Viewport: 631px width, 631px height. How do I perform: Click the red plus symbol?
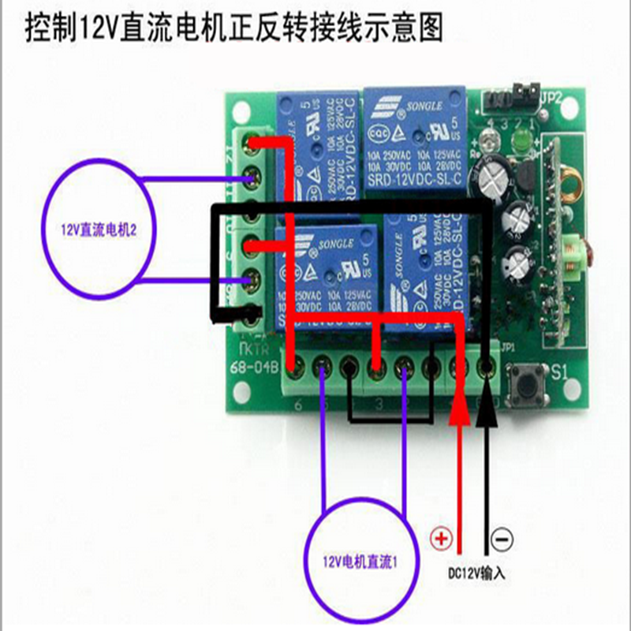[440, 540]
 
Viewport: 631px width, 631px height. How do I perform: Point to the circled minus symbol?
[502, 540]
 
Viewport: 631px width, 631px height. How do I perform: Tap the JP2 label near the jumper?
[550, 98]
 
